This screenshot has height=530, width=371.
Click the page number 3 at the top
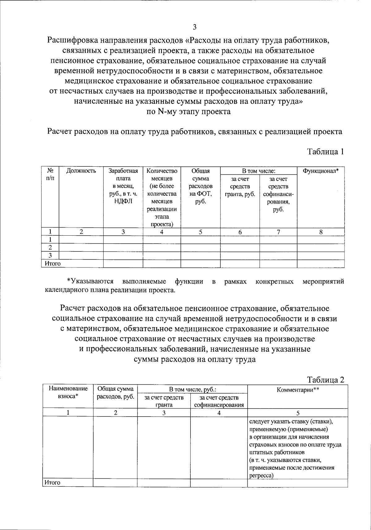click(194, 27)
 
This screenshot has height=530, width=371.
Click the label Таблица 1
click(325, 152)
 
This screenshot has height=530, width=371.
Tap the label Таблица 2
click(326, 380)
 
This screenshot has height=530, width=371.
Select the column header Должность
click(81, 171)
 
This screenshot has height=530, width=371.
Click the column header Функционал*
click(321, 171)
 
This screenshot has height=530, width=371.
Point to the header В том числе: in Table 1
click(258, 171)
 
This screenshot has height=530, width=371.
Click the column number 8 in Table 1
click(321, 232)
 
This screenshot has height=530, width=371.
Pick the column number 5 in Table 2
click(298, 412)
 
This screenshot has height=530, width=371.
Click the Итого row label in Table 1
click(53, 264)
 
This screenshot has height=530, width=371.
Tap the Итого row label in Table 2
click(52, 482)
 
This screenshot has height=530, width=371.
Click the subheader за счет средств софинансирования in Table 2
click(219, 401)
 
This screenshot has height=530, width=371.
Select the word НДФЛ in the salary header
click(123, 202)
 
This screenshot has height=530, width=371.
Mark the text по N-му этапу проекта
click(188, 112)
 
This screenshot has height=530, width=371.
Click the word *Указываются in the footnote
click(90, 281)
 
